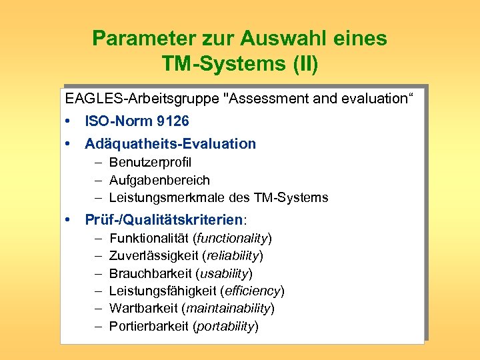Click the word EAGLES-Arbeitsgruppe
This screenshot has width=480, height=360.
coord(144,100)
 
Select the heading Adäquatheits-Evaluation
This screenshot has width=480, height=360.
coord(170,143)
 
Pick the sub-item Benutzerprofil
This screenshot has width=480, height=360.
coord(150,163)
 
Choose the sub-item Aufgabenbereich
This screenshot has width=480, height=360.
coord(159,180)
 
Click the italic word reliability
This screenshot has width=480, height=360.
coord(233,255)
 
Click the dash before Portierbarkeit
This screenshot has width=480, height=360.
coord(97,326)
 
